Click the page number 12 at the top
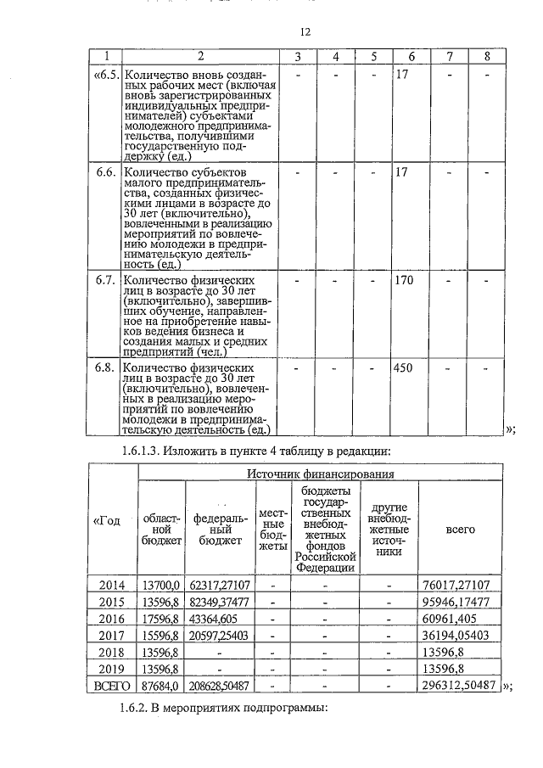306,31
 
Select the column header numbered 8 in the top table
486,56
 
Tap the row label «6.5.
105,75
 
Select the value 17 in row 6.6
401,172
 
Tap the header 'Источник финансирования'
320,474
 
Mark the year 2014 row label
112,585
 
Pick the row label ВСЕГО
112,685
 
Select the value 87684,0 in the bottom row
161,685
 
